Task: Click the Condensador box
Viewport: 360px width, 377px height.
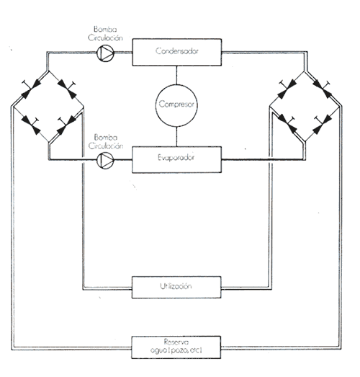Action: click(x=176, y=52)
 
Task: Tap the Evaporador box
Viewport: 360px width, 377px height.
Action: click(x=176, y=159)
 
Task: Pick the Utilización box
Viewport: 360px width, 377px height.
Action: click(x=176, y=288)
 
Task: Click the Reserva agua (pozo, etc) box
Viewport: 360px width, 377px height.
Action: click(x=176, y=347)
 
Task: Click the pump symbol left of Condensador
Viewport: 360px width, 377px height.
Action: click(x=105, y=53)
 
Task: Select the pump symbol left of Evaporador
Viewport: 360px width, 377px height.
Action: click(x=105, y=160)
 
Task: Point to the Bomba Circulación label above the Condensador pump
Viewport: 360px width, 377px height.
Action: click(x=105, y=34)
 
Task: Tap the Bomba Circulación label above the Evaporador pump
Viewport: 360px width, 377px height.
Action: click(x=106, y=141)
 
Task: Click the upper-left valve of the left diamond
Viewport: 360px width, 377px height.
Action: click(x=31, y=89)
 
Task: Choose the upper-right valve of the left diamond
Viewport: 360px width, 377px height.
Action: click(x=67, y=89)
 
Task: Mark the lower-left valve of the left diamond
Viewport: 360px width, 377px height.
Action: click(x=31, y=125)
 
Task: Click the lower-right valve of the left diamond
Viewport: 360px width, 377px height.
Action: click(x=66, y=125)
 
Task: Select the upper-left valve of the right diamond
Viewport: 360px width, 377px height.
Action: click(x=287, y=89)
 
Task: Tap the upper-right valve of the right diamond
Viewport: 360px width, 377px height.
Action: click(x=323, y=89)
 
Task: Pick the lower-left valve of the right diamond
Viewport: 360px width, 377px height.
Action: click(x=287, y=124)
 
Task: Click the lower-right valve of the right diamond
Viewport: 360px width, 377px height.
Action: click(x=323, y=124)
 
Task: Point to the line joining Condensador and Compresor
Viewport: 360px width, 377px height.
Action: click(x=176, y=75)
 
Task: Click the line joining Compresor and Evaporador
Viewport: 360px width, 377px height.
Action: click(x=176, y=136)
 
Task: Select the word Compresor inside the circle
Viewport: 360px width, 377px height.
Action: click(x=176, y=105)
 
